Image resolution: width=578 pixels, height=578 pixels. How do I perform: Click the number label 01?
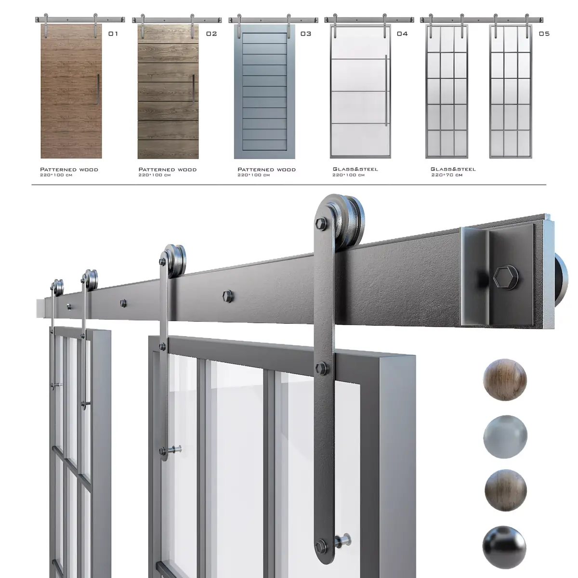click(x=113, y=34)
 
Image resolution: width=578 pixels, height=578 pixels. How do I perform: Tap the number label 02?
click(x=211, y=34)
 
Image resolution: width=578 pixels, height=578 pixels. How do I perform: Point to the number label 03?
click(x=306, y=34)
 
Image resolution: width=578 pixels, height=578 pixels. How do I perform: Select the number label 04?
click(x=402, y=34)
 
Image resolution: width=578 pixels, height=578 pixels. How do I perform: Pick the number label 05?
click(x=544, y=34)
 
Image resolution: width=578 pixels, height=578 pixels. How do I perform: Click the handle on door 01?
click(x=98, y=89)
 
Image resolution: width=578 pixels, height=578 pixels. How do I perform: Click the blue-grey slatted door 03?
click(x=264, y=92)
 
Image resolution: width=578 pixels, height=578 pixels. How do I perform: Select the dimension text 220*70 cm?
click(x=447, y=175)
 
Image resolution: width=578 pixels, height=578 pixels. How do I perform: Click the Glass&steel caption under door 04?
click(x=355, y=169)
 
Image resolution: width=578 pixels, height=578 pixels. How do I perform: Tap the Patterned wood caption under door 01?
click(x=69, y=170)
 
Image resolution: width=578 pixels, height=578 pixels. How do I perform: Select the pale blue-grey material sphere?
click(x=505, y=437)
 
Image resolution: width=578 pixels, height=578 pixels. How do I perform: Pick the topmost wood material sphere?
click(x=505, y=381)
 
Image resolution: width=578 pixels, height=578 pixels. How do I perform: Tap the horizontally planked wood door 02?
click(x=168, y=92)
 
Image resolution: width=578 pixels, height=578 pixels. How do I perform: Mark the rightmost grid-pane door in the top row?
click(x=511, y=92)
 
